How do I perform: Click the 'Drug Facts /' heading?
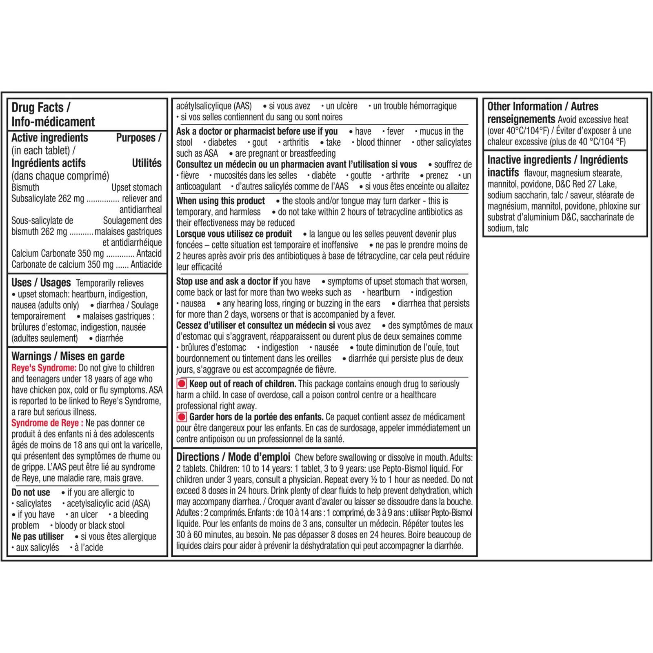(40, 107)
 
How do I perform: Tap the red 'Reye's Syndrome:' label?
(44, 368)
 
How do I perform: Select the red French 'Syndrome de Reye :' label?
(47, 423)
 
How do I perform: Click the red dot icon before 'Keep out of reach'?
(182, 384)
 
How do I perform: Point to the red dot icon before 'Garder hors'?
(182, 417)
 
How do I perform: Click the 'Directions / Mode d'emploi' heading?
(233, 457)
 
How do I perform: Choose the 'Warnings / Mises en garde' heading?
(68, 356)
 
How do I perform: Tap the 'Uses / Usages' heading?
(41, 282)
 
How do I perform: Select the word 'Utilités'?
(147, 163)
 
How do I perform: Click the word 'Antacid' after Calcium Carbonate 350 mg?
(149, 253)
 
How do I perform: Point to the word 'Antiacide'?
(146, 264)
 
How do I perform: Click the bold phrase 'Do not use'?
(31, 493)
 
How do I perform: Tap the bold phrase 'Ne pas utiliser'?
(38, 537)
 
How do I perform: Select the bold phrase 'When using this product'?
(220, 201)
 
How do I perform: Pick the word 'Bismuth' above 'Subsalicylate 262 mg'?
(25, 187)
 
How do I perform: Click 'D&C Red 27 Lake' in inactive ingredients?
(586, 184)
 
